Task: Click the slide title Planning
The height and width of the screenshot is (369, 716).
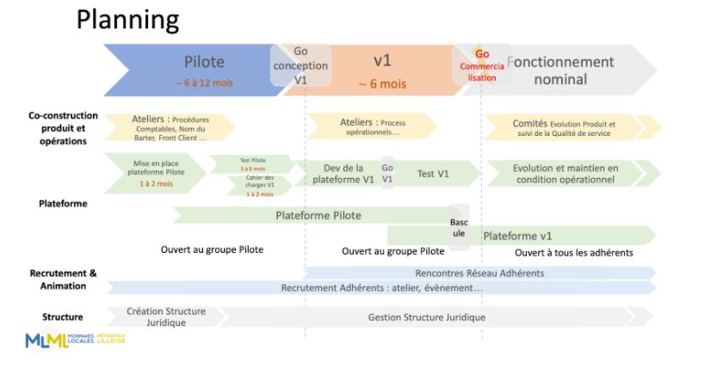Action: tap(127, 19)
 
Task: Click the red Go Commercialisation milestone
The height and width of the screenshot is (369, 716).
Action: tap(482, 65)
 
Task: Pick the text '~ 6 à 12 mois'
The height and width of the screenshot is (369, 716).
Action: tap(204, 83)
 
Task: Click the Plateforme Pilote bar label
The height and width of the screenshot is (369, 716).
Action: tap(318, 215)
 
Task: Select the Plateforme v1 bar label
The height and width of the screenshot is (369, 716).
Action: tap(517, 236)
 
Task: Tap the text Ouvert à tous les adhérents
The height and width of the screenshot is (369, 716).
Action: tap(574, 253)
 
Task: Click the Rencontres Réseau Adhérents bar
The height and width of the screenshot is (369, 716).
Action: tap(479, 273)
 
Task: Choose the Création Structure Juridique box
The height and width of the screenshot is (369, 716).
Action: tap(166, 316)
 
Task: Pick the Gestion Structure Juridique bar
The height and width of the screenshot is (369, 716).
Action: tap(426, 317)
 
